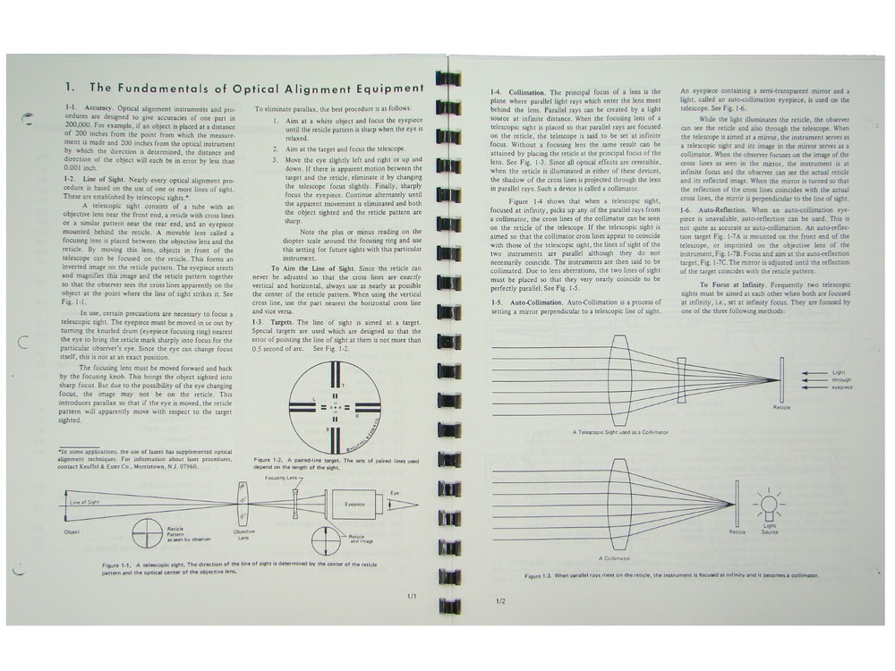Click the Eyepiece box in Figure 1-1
tap(354, 504)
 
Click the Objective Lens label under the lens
tap(243, 534)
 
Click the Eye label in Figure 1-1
tap(394, 492)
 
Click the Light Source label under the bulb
tap(769, 528)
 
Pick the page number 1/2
tap(499, 600)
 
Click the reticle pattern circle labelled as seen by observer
tap(134, 535)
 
